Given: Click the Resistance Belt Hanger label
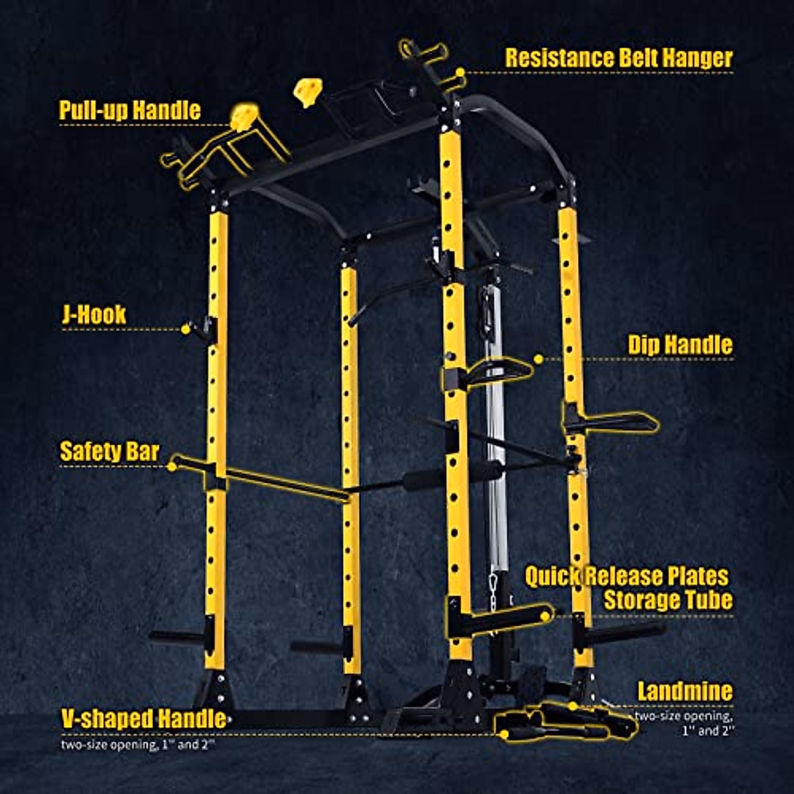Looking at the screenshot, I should (x=619, y=58).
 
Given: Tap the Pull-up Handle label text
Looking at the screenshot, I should (x=130, y=110).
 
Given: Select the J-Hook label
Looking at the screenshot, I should (x=93, y=314).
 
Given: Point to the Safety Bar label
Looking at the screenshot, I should (x=109, y=451).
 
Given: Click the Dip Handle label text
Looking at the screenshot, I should (x=680, y=345).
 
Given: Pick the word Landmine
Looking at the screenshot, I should (x=685, y=692).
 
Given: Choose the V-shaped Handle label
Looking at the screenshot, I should (x=143, y=719).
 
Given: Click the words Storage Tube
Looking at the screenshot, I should (x=668, y=600).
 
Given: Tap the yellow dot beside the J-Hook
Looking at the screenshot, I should (x=186, y=328).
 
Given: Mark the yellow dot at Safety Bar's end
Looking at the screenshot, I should (x=173, y=465).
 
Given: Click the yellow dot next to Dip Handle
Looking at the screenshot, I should (x=538, y=359).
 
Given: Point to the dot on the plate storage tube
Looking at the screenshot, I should (x=545, y=615).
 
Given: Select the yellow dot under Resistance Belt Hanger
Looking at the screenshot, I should (x=459, y=72).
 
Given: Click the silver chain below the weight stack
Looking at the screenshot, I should (x=493, y=584).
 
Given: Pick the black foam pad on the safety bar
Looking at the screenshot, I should (x=426, y=478).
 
